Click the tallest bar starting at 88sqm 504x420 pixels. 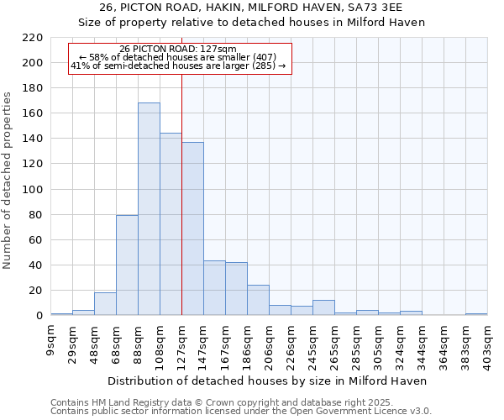[x=149, y=209]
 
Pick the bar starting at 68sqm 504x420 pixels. [x=127, y=265]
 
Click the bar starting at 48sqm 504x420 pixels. [x=105, y=304]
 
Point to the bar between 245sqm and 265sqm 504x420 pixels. [x=323, y=308]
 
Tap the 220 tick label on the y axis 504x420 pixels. [x=33, y=38]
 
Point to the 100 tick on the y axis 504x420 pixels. [x=33, y=190]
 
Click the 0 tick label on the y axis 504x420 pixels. [x=39, y=316]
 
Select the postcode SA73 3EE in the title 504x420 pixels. [x=393, y=8]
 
